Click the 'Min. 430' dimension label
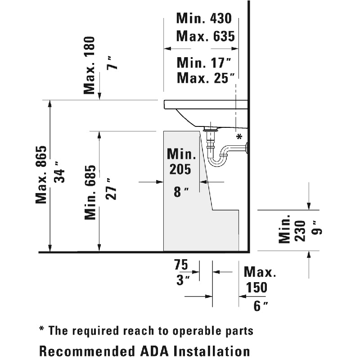coord(203,18)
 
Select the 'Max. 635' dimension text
coord(205,36)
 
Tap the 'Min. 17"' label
coord(205,62)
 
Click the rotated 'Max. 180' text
coord(90,65)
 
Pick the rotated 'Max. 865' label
coord(41,175)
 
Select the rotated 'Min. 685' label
coord(91,192)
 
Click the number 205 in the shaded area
coord(180,170)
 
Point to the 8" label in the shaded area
coord(180,192)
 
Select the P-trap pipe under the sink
coord(219,155)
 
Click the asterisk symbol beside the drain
coord(239,136)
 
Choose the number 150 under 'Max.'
coord(256,288)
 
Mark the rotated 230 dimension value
coord(301,231)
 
